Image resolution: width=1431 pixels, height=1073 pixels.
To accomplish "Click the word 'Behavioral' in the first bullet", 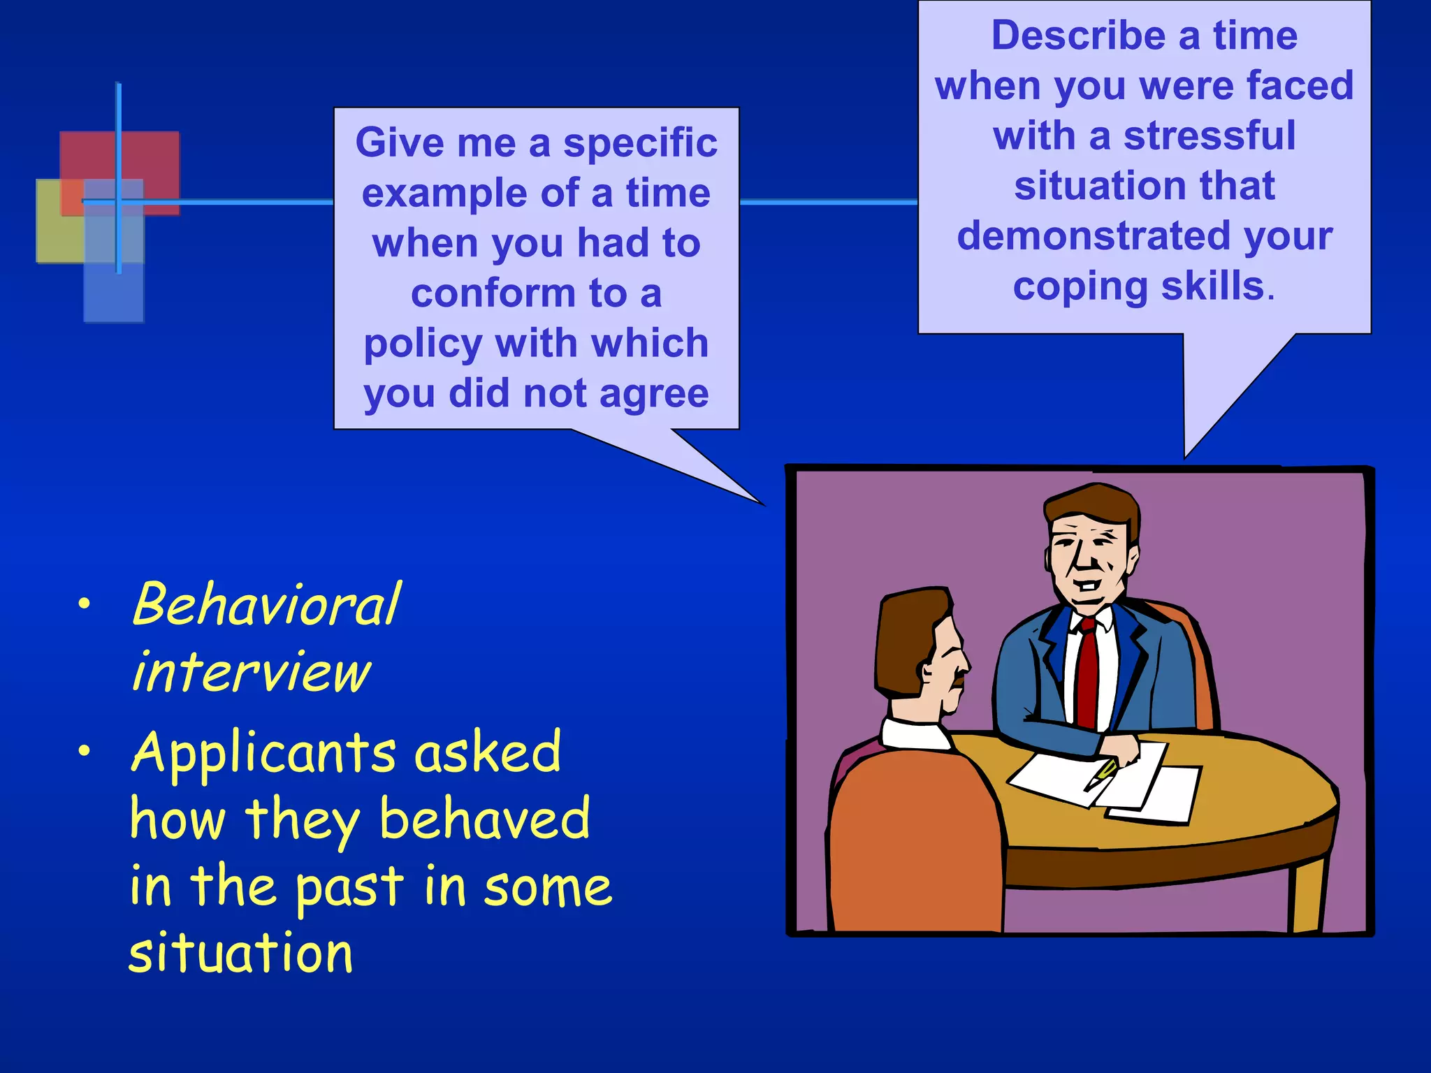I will point(266,605).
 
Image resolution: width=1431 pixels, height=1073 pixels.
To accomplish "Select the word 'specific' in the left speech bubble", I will point(640,143).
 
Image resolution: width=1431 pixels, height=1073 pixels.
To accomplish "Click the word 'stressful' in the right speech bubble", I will point(1209,136).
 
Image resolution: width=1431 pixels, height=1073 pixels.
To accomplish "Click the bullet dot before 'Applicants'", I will point(85,752).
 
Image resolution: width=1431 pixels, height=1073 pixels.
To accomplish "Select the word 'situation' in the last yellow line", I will point(241,953).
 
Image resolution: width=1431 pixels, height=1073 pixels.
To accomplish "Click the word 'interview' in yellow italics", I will point(252,672).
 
